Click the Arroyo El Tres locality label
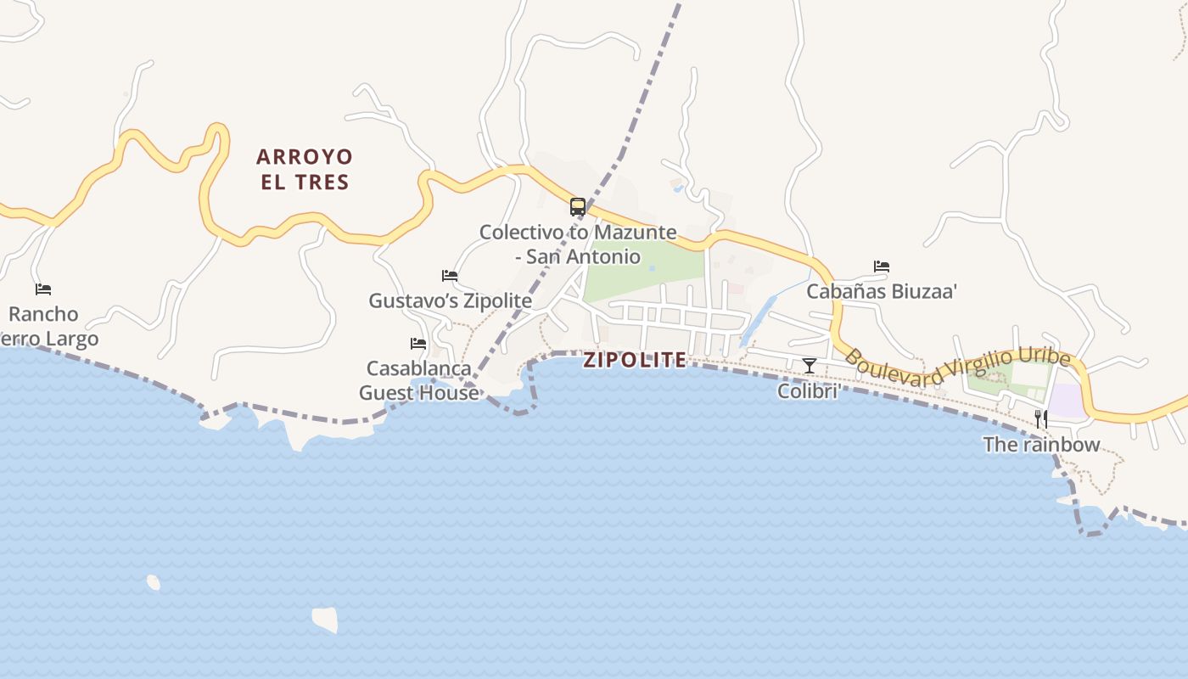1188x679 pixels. click(x=304, y=169)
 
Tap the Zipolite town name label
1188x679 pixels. click(x=635, y=360)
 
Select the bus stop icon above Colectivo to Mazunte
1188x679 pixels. click(x=578, y=206)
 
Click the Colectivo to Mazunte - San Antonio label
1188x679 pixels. click(x=578, y=244)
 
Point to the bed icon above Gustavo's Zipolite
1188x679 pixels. click(x=450, y=276)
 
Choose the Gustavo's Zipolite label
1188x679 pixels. click(x=450, y=300)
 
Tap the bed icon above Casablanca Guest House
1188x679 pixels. click(x=418, y=344)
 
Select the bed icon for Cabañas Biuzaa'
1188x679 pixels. click(x=882, y=267)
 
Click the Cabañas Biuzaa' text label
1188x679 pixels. click(x=882, y=291)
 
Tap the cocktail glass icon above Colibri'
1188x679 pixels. click(x=810, y=366)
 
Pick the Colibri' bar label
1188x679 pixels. click(x=810, y=390)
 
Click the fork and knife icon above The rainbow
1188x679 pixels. click(x=1041, y=418)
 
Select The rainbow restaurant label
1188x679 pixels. click(x=1041, y=444)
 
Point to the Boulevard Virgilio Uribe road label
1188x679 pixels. click(x=957, y=369)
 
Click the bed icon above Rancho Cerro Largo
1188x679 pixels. click(x=43, y=289)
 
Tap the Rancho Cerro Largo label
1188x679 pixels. click(x=47, y=327)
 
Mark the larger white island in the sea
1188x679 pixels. click(x=325, y=619)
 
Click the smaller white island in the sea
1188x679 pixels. click(x=154, y=582)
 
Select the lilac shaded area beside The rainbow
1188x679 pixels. click(x=1068, y=401)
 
